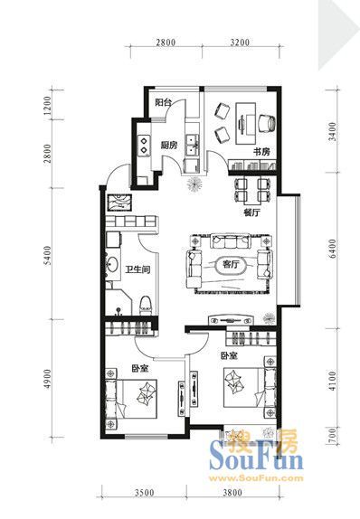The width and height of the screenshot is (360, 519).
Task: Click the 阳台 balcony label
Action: (164, 102)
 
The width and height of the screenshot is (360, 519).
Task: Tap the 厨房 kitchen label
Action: (169, 145)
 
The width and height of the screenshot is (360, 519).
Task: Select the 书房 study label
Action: (261, 152)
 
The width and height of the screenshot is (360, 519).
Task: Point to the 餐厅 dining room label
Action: (251, 212)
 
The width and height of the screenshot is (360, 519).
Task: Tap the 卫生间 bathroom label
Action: (137, 269)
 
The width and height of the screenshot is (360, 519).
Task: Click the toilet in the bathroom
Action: (145, 306)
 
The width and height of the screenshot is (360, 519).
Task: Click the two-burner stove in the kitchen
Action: (144, 146)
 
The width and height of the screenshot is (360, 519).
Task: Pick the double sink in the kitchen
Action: (192, 146)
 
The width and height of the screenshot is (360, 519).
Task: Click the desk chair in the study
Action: (267, 123)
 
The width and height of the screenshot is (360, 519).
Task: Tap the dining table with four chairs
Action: (252, 190)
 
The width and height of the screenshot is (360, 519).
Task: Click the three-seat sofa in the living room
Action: (231, 241)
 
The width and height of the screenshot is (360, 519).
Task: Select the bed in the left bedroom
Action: (131, 399)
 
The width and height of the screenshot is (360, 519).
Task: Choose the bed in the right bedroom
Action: (250, 387)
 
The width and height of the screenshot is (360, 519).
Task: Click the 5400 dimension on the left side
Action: (48, 255)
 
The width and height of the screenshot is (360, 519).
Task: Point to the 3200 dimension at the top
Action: (240, 42)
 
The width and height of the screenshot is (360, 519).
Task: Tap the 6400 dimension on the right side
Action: (332, 249)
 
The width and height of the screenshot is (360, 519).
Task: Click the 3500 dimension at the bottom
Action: (145, 493)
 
